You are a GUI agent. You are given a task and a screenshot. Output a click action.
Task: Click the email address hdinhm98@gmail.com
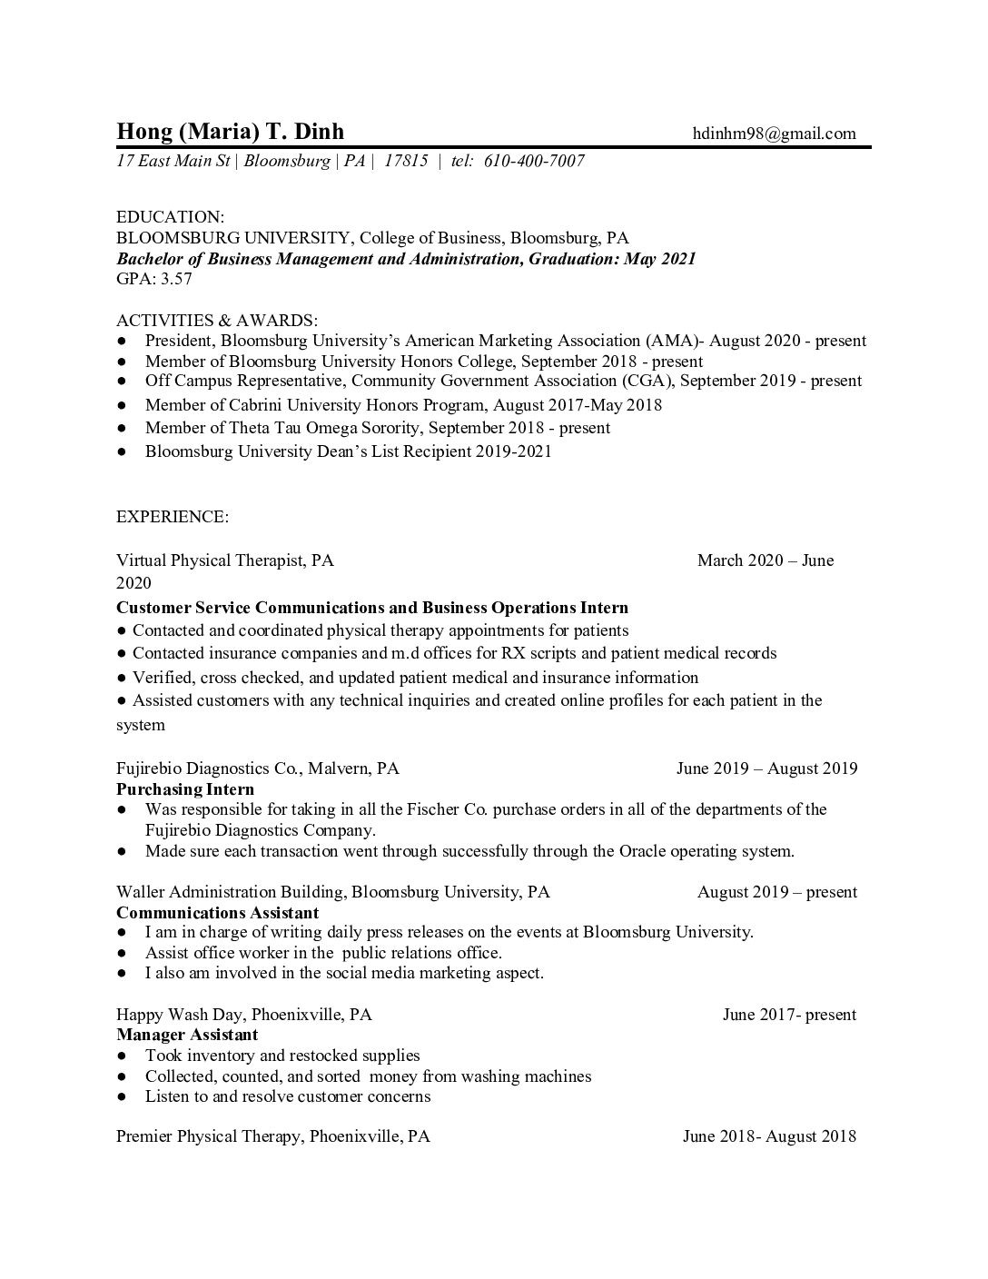(774, 134)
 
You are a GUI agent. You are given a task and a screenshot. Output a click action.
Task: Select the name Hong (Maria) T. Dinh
(231, 132)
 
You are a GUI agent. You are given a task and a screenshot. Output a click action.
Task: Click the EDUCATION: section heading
(170, 217)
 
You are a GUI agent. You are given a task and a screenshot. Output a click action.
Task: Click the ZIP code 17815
(406, 162)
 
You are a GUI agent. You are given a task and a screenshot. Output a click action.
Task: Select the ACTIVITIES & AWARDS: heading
(217, 320)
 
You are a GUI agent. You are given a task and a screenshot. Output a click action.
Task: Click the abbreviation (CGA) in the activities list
(647, 381)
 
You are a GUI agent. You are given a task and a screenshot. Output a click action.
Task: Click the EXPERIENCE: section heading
(173, 517)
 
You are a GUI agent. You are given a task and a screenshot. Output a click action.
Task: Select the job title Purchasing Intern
(185, 789)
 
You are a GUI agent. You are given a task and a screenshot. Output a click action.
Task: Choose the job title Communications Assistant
(217, 912)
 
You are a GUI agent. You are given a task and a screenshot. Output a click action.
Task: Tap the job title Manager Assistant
(187, 1035)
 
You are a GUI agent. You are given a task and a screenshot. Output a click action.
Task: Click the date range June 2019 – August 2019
(766, 769)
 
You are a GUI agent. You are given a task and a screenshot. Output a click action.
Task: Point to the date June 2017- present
(789, 1015)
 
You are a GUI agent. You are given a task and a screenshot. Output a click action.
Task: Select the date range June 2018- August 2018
(769, 1136)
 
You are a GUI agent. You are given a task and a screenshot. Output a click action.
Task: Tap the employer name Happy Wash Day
(179, 1015)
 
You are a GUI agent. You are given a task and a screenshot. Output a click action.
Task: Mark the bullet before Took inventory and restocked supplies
(122, 1056)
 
